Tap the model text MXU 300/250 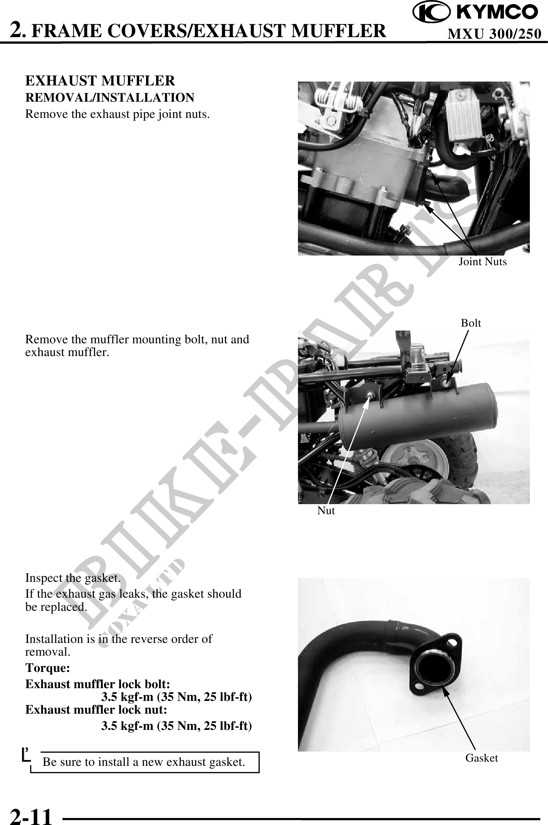click(x=494, y=34)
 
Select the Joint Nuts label click(x=482, y=262)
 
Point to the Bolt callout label click(x=471, y=322)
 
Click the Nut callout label click(x=326, y=510)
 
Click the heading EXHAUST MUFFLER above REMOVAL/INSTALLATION click(x=100, y=81)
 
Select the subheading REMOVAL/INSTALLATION click(x=110, y=97)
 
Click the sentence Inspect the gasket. click(x=73, y=578)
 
